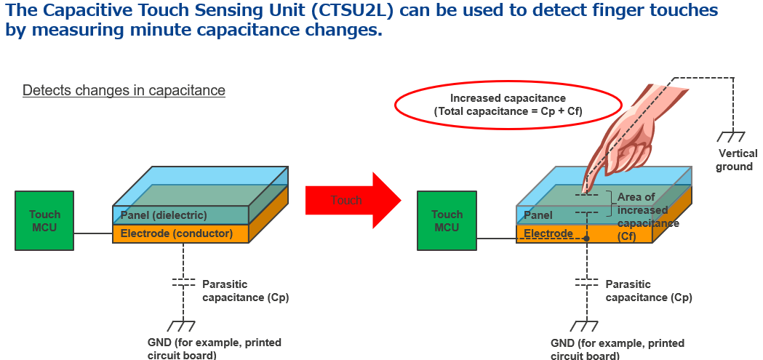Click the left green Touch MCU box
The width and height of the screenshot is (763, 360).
point(44,220)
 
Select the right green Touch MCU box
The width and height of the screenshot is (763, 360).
point(447,220)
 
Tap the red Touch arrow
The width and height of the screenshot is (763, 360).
point(353,200)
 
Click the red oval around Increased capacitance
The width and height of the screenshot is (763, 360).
point(508,105)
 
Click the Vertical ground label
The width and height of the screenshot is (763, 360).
point(738,160)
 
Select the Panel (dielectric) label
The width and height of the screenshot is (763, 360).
point(164,215)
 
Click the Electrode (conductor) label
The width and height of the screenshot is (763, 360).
point(177,233)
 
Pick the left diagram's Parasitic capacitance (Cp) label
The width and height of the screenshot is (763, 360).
point(245,291)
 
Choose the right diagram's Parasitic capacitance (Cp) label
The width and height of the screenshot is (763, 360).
point(649,291)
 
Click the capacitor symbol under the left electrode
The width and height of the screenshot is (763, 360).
point(183,283)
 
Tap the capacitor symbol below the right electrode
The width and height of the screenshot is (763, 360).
point(587,283)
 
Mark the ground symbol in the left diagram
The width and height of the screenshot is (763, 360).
point(182,326)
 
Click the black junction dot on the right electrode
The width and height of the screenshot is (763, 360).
point(587,239)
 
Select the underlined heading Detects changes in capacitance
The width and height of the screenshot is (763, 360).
point(124,90)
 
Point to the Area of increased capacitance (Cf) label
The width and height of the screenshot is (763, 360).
point(648,217)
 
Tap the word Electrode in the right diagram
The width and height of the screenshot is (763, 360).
point(548,233)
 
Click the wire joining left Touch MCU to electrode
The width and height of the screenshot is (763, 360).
point(93,233)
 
